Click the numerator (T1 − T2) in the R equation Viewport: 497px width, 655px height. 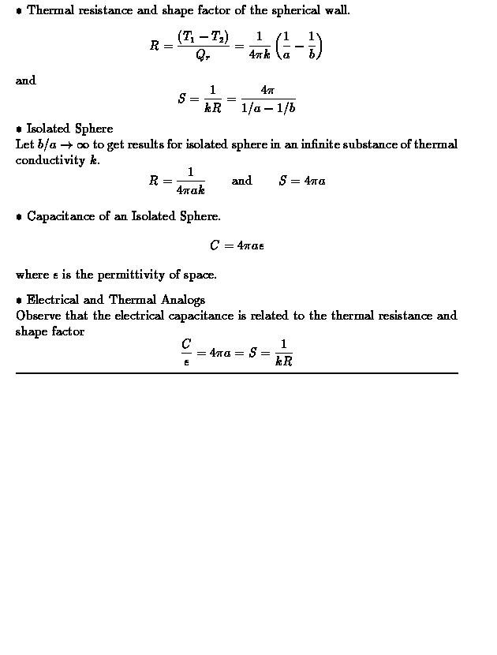(x=203, y=38)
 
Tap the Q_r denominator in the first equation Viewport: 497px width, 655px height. (x=203, y=55)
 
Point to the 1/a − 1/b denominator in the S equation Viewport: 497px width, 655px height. (x=268, y=108)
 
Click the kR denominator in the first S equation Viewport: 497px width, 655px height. (x=212, y=108)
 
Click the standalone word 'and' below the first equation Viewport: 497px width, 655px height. (x=25, y=80)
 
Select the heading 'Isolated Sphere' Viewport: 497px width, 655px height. (x=69, y=129)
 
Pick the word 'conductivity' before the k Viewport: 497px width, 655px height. (x=51, y=160)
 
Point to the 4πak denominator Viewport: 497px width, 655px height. (x=190, y=190)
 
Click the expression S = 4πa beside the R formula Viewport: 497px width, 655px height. (x=302, y=181)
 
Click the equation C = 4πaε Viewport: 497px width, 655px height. (x=237, y=245)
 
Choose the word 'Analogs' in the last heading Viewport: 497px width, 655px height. (x=183, y=300)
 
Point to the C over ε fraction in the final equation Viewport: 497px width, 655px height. (x=186, y=353)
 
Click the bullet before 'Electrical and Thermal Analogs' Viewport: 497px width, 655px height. (x=19, y=301)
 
